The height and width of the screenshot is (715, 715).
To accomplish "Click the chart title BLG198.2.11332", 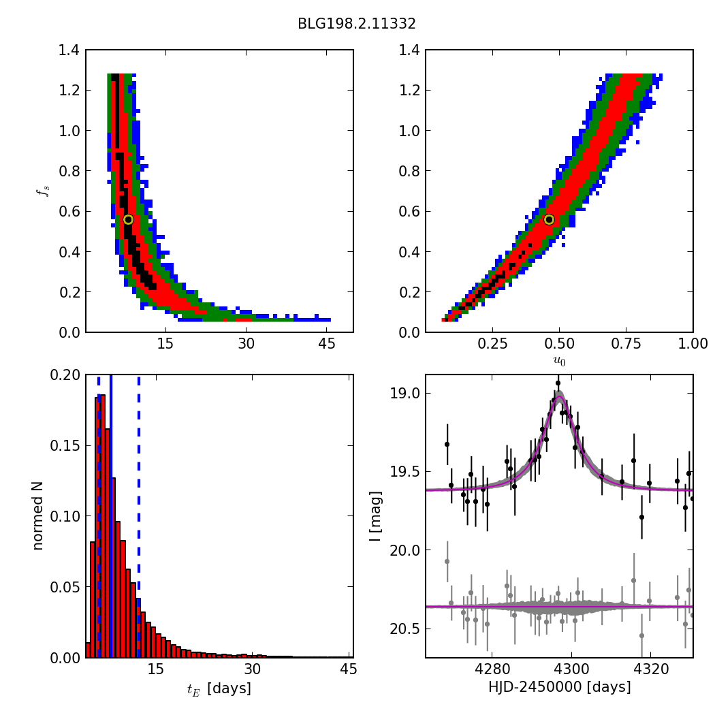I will click(356, 24).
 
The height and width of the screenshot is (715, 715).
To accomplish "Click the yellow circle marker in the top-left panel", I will click(128, 219).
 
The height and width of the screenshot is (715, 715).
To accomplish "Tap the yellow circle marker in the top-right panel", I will click(549, 219).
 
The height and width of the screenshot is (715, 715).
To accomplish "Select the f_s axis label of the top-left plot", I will click(42, 191).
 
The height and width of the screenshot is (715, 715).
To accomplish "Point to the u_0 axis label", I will click(559, 361).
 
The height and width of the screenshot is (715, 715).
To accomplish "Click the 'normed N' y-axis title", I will click(38, 515).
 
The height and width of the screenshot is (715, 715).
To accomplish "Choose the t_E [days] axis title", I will click(219, 688).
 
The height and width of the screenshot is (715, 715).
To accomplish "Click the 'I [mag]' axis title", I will click(375, 515).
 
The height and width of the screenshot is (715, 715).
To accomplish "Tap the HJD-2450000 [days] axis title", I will click(559, 687).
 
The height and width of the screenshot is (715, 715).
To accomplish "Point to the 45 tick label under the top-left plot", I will click(326, 345).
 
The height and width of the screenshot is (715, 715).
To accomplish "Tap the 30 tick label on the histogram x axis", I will click(252, 670).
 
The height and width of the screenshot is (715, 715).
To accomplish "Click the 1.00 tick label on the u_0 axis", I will click(693, 345).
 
